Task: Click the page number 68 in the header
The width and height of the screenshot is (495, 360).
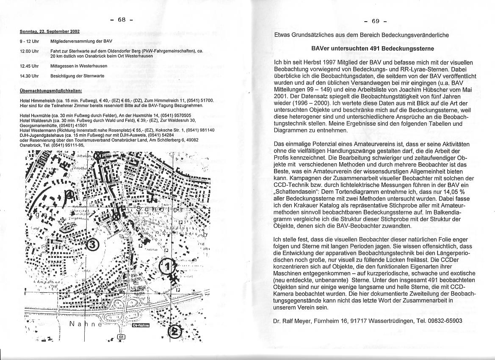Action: point(122,19)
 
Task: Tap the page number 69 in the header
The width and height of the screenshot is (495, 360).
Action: point(376,22)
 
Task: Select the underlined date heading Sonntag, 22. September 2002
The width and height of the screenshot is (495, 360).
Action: point(50,31)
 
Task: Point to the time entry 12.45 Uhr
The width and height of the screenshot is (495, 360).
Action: point(29,66)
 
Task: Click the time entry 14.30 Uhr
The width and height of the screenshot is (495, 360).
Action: point(29,76)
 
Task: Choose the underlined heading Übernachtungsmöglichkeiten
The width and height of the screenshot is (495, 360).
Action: point(51,91)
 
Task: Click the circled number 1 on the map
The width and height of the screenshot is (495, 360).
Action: point(167,266)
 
